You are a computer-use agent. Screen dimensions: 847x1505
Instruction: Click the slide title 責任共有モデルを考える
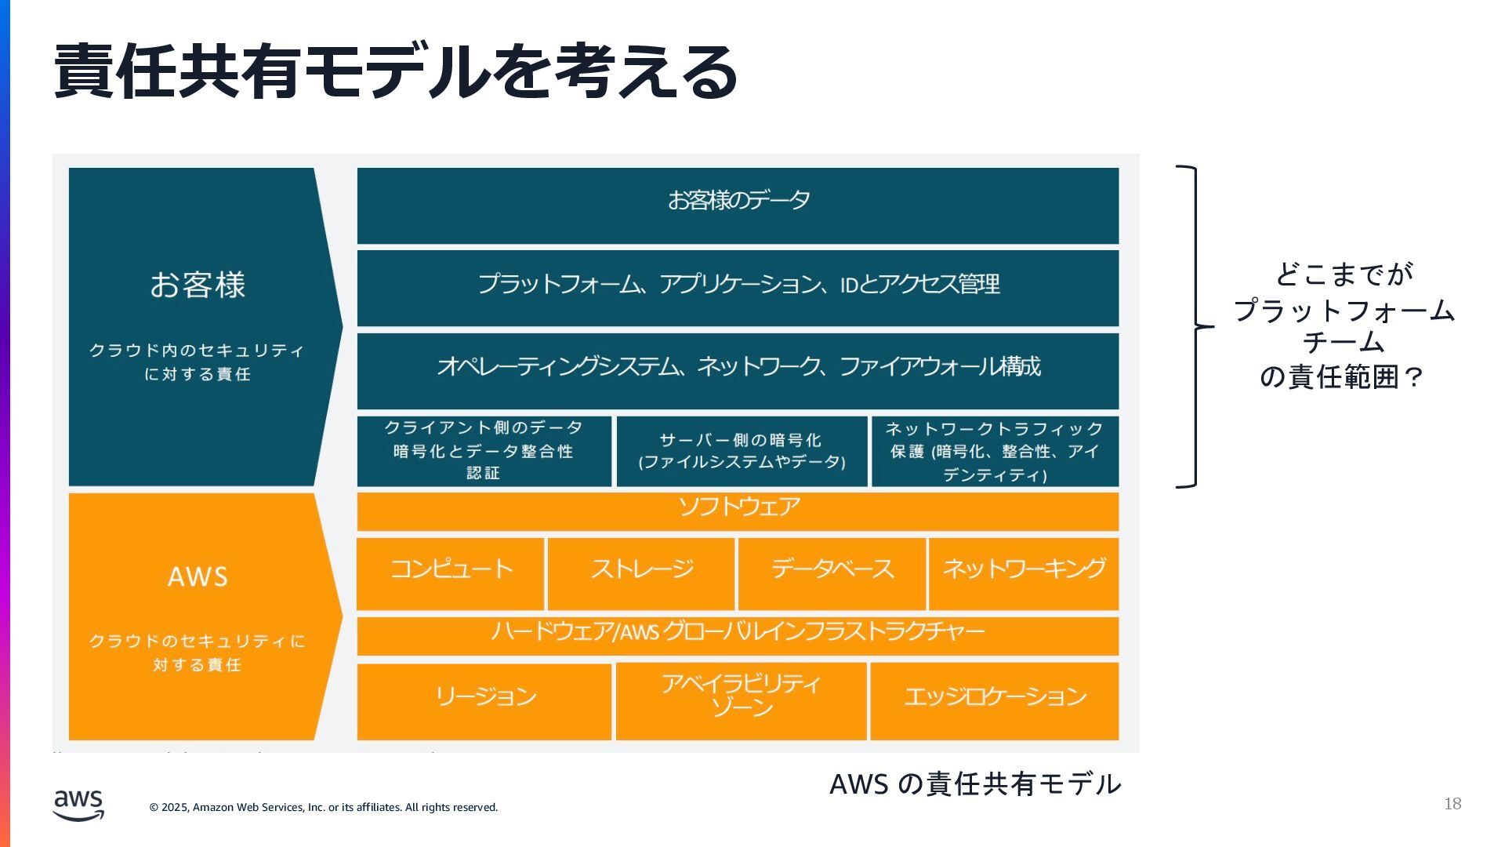coord(396,72)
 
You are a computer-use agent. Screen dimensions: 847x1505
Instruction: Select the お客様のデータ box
coord(738,205)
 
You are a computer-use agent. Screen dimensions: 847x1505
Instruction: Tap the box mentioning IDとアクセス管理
coord(738,287)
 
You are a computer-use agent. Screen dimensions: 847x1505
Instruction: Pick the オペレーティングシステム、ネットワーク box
coord(738,370)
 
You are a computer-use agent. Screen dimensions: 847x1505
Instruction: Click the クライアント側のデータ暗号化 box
coord(484,451)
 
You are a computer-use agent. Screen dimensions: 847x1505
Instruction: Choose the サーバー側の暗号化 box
coord(742,451)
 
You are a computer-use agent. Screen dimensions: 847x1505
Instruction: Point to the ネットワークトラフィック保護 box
coord(995,451)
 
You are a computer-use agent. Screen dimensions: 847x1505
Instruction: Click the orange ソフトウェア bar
coord(738,511)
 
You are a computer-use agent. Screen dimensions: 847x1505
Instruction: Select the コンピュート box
coord(451,573)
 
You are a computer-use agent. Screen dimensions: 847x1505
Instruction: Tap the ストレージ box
coord(641,573)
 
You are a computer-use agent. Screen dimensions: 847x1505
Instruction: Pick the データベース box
coord(832,573)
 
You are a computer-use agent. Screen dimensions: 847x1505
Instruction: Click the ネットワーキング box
coord(1023,573)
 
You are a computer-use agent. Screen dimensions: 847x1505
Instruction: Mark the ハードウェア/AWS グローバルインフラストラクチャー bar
coord(738,635)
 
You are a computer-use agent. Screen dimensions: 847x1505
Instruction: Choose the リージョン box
coord(484,700)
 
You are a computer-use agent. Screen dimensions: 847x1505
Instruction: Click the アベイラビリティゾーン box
coord(742,700)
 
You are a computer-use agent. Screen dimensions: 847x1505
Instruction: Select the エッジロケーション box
coord(995,700)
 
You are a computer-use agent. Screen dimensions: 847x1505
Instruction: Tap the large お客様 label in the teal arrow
coord(198,285)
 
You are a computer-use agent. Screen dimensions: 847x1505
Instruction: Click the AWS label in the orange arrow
coord(198,577)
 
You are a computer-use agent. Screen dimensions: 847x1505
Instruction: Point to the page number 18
coord(1452,804)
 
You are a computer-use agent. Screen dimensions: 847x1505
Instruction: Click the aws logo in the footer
coord(78,805)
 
